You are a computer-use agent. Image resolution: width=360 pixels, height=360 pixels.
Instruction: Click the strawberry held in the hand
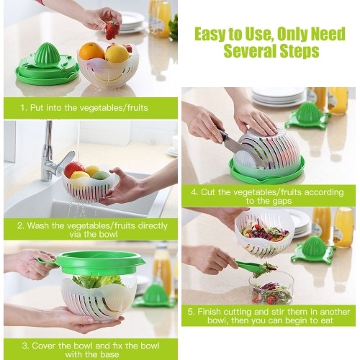[112, 30]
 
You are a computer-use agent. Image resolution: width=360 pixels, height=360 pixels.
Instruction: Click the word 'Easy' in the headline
[210, 35]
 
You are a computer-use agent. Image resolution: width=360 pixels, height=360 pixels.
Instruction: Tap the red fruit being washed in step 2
[74, 169]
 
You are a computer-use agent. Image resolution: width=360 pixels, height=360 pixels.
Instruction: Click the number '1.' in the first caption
[24, 108]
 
